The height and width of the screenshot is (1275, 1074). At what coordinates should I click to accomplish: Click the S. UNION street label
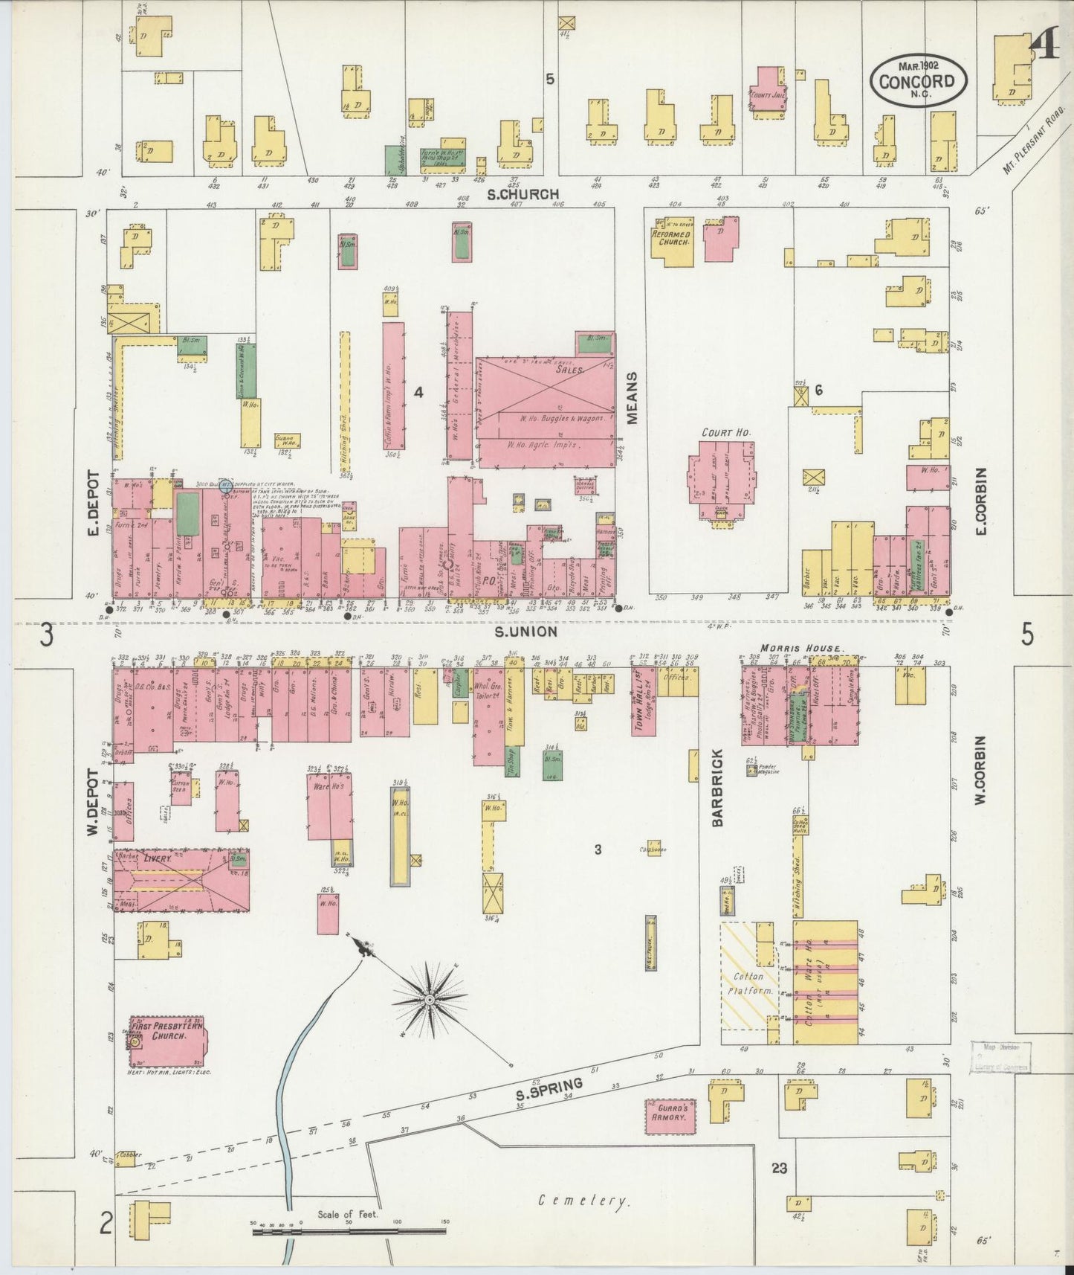point(525,632)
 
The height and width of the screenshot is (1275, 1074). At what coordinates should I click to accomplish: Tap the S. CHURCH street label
point(523,195)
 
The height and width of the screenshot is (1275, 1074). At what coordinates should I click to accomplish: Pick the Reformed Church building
point(672,240)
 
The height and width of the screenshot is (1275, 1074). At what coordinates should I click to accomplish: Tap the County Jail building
point(770,93)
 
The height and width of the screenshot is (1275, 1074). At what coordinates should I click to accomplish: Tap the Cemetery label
point(584,1200)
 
